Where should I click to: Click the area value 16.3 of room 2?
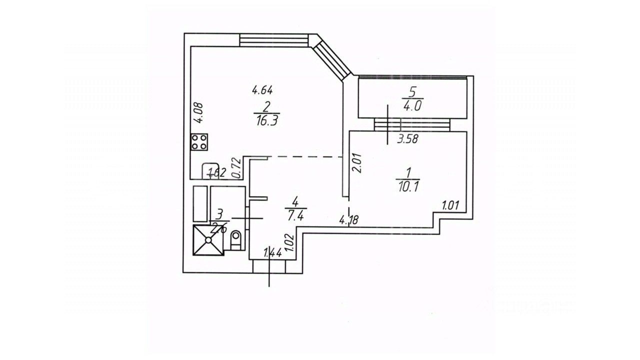[265, 121]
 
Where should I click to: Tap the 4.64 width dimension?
[262, 90]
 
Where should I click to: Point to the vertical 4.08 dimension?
[199, 112]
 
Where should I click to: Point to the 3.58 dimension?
[407, 139]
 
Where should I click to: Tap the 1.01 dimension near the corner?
[450, 205]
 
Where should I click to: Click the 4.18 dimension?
[349, 219]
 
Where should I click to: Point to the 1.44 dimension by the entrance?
[273, 253]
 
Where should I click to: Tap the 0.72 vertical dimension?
[237, 166]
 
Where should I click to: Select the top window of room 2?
[274, 39]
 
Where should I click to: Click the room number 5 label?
[413, 92]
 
